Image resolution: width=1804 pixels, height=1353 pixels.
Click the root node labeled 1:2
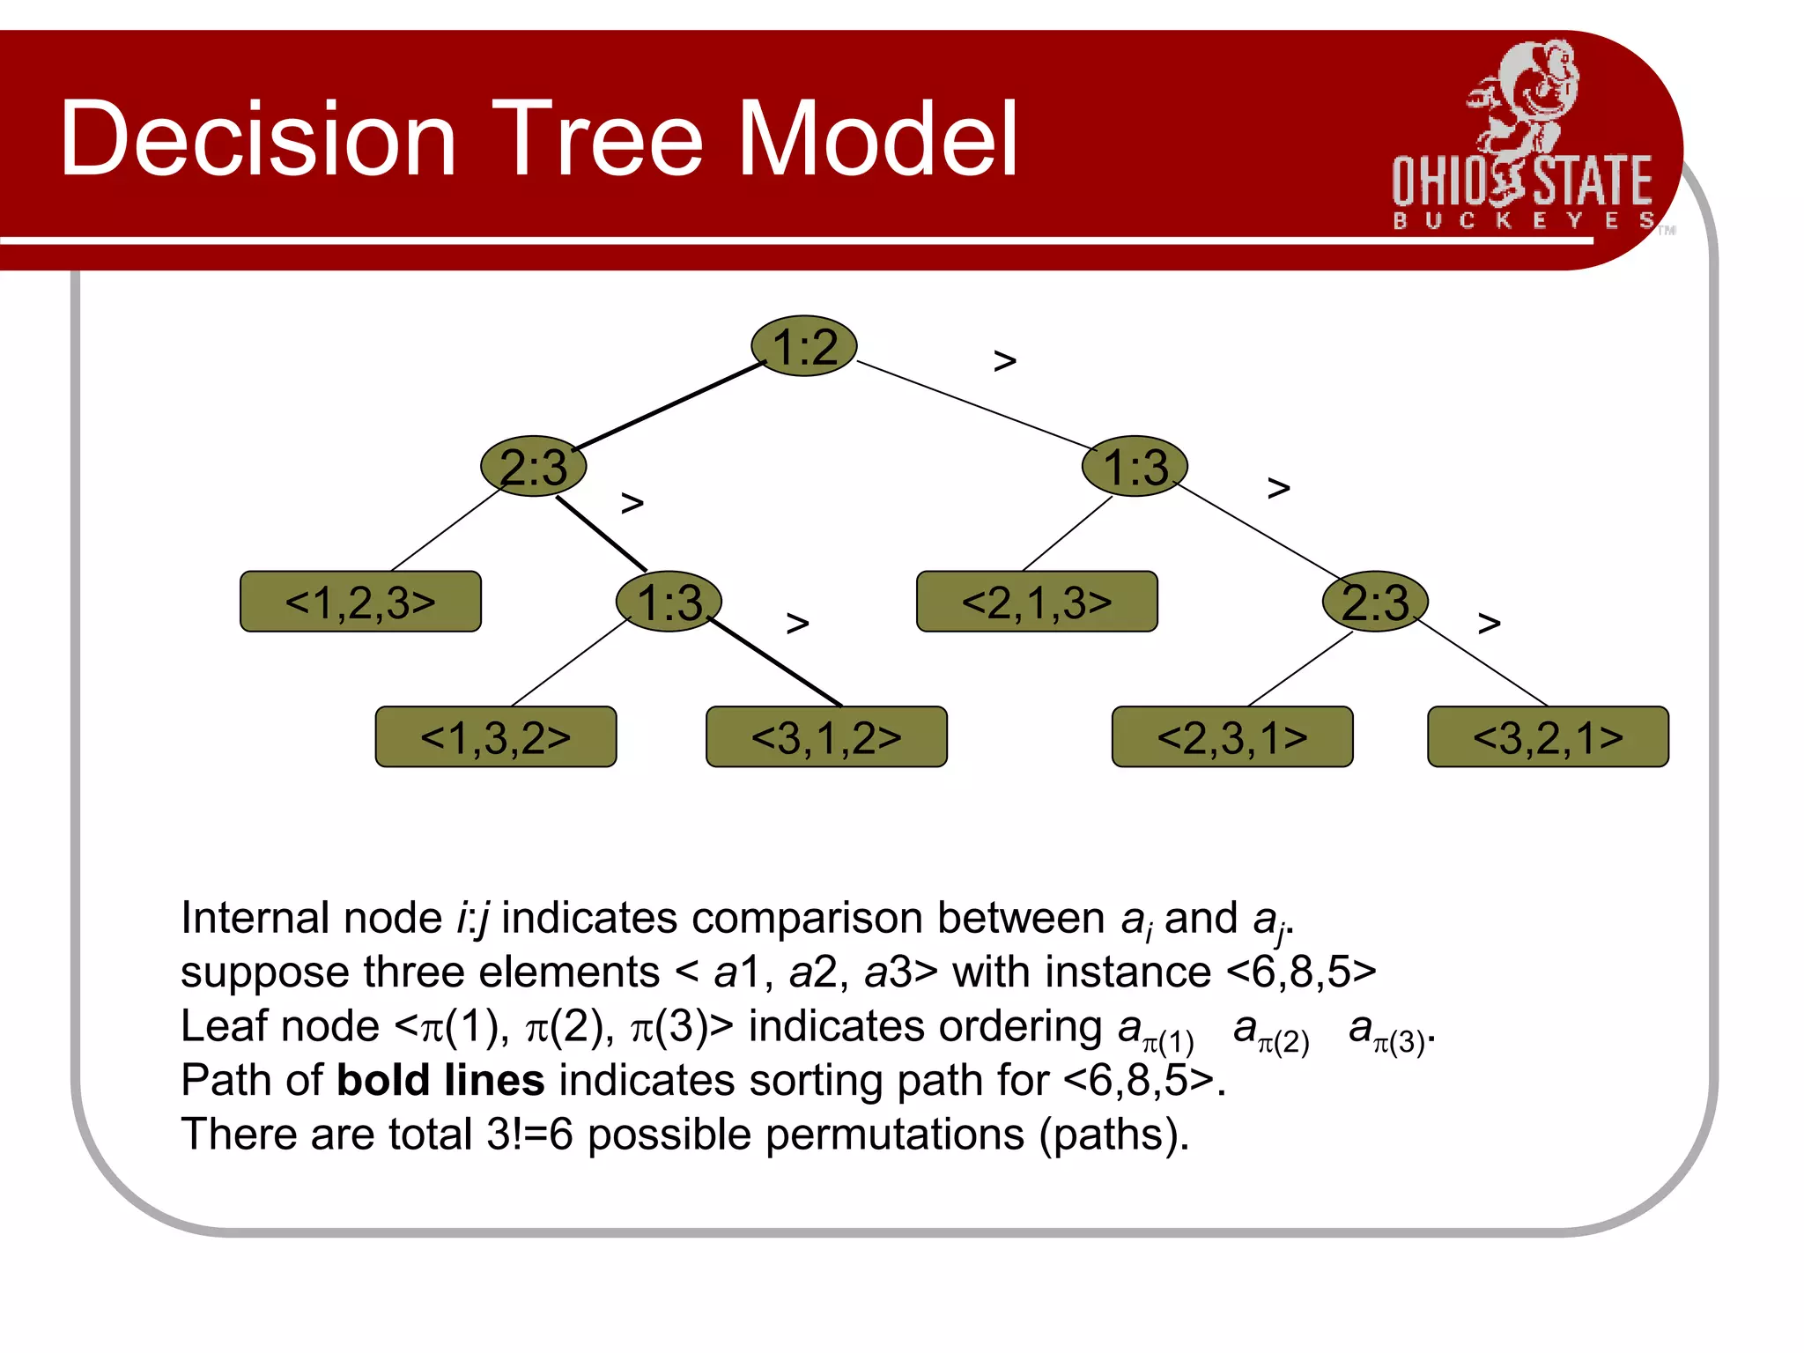pyautogui.click(x=803, y=346)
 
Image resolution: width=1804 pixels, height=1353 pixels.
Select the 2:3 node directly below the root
pyautogui.click(x=534, y=466)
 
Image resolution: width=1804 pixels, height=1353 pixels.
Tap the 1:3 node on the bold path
pyautogui.click(x=669, y=602)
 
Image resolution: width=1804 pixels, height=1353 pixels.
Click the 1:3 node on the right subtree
pyautogui.click(x=1135, y=466)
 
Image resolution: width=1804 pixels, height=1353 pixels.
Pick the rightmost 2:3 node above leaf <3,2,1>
pyautogui.click(x=1374, y=602)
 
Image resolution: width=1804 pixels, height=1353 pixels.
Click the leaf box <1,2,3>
pyautogui.click(x=360, y=602)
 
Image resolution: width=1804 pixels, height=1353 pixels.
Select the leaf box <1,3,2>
pyautogui.click(x=495, y=736)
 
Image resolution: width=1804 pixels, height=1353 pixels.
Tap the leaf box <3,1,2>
pyautogui.click(x=826, y=736)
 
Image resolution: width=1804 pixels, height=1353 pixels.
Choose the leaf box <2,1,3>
pyautogui.click(x=1037, y=602)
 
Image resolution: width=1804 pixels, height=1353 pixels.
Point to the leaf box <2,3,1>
pyautogui.click(x=1232, y=736)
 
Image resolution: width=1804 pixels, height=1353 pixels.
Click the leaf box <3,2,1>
pyautogui.click(x=1548, y=736)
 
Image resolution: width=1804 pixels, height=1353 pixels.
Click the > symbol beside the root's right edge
pyautogui.click(x=1005, y=360)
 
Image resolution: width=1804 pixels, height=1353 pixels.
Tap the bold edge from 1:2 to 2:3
pyautogui.click(x=669, y=405)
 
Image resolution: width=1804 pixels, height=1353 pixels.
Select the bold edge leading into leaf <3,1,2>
pyautogui.click(x=775, y=662)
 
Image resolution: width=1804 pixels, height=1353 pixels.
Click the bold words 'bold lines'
pyautogui.click(x=440, y=1080)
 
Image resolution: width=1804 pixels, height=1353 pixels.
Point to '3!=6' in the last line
pyautogui.click(x=529, y=1135)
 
